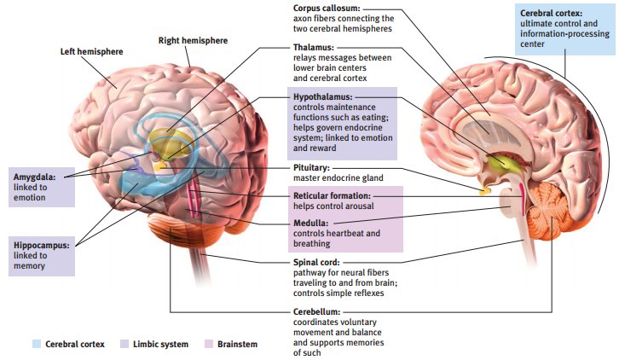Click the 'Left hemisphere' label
click(91, 51)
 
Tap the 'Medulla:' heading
click(310, 224)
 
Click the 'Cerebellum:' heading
click(316, 312)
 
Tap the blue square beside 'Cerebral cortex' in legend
click(36, 344)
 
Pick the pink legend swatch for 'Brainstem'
click(209, 344)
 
